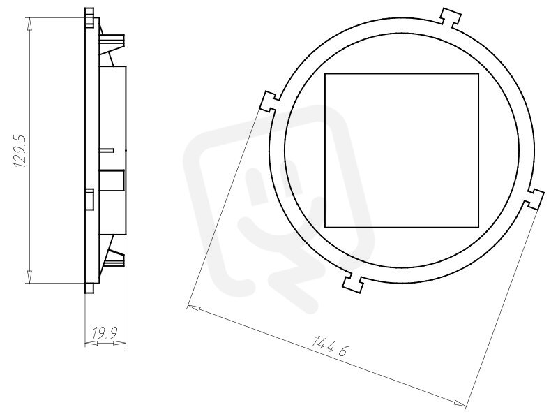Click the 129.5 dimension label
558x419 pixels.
[x=20, y=151]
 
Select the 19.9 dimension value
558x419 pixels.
[x=105, y=333]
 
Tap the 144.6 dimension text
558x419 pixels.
[x=329, y=345]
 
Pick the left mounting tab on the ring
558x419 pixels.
[x=270, y=101]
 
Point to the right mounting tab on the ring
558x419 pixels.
[x=534, y=199]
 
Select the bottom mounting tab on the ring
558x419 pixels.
[x=354, y=283]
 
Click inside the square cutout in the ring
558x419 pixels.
[x=402, y=150]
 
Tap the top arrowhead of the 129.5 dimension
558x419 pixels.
[x=29, y=24]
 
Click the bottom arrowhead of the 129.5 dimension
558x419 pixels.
[x=29, y=276]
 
